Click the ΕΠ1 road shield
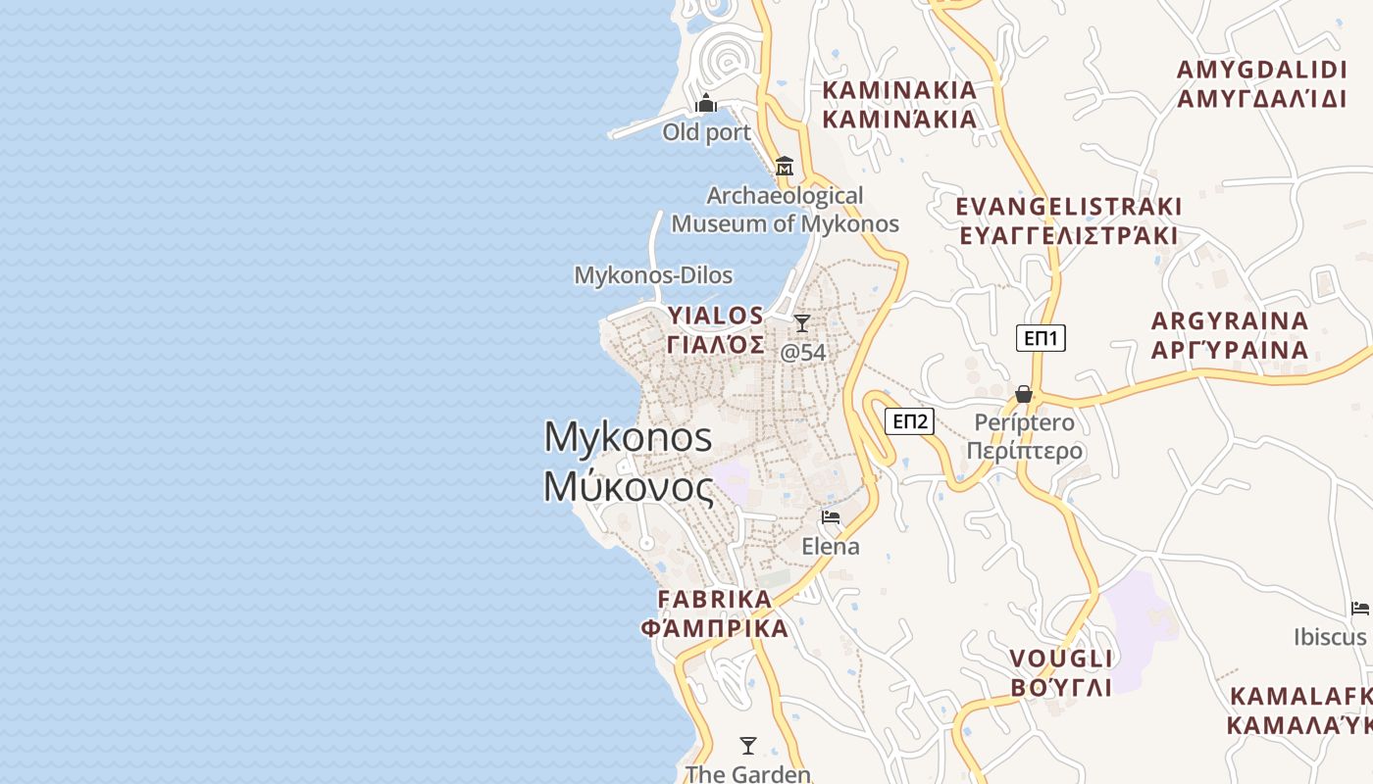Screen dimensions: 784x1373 (x=1041, y=338)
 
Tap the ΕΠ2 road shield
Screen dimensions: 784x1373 (x=910, y=421)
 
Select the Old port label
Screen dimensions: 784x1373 (x=706, y=132)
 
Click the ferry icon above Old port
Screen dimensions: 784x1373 (x=706, y=103)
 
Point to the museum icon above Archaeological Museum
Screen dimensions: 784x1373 (x=784, y=167)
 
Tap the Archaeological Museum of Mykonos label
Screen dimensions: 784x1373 (x=785, y=210)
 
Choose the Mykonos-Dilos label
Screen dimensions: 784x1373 (x=653, y=275)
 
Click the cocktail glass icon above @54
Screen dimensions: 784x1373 (x=802, y=322)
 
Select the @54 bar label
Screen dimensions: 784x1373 (x=803, y=352)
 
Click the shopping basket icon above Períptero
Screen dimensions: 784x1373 (x=1024, y=394)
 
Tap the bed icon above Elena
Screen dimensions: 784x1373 (x=831, y=516)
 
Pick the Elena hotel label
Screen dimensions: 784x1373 (x=831, y=546)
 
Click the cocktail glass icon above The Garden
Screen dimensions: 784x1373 (x=748, y=745)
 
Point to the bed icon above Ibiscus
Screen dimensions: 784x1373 (x=1360, y=608)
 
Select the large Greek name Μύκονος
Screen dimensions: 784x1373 (x=629, y=487)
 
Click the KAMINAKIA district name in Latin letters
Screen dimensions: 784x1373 (x=899, y=90)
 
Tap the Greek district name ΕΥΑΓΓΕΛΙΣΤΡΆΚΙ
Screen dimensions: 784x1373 (x=1068, y=236)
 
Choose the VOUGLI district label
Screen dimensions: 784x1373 (x=1061, y=658)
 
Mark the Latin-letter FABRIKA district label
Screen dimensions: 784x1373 (x=714, y=599)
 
